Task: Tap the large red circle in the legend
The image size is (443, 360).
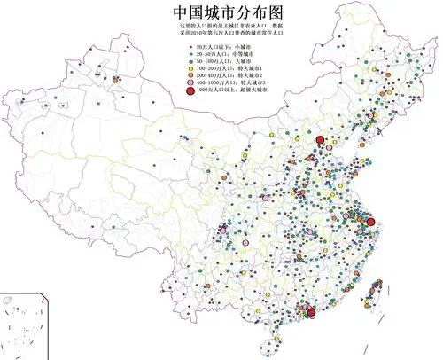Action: point(190,90)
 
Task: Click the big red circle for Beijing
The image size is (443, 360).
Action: point(320,138)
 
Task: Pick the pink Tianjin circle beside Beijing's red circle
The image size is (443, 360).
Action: point(330,146)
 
